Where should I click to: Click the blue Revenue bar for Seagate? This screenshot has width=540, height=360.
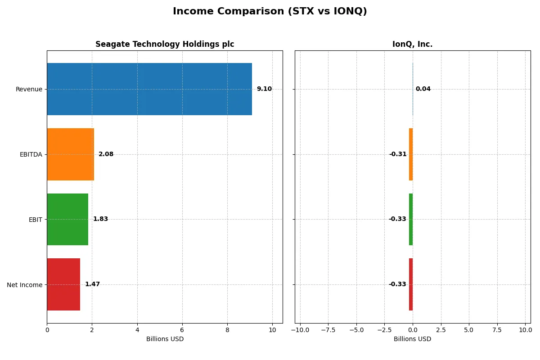(149, 89)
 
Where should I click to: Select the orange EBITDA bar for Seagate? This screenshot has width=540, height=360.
(70, 154)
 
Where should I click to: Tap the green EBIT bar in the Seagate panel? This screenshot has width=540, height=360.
(67, 219)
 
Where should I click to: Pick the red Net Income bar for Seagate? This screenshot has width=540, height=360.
(63, 284)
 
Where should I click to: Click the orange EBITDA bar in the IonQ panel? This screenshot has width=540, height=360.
(411, 154)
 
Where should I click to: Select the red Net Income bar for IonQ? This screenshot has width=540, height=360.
(411, 284)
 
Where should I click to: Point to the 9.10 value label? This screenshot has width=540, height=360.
(264, 89)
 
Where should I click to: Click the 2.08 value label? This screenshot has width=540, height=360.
(106, 154)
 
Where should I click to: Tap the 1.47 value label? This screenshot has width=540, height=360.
(92, 284)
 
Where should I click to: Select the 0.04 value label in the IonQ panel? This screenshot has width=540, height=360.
(423, 89)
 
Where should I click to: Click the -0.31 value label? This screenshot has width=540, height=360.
(398, 154)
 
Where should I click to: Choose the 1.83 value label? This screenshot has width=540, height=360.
(100, 219)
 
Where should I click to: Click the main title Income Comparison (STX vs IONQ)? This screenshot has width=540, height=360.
(270, 12)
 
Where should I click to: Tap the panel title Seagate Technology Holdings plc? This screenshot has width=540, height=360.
(165, 45)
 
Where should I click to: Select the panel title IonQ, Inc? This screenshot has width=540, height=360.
(412, 45)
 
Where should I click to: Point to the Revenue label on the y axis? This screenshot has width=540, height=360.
(29, 89)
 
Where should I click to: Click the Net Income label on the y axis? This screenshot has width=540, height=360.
(25, 284)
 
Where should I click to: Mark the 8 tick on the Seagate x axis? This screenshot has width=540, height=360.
(227, 330)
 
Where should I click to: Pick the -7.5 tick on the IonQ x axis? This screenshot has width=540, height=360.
(328, 330)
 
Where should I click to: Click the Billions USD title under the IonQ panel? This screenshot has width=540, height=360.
(412, 339)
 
